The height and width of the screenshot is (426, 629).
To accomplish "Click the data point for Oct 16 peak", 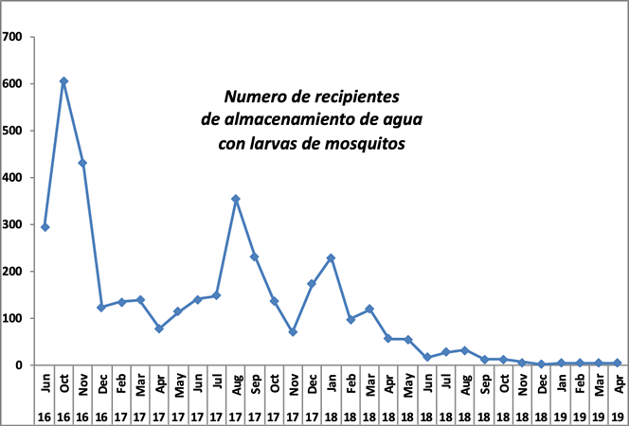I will (63, 81).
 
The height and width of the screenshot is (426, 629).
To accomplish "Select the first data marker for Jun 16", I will (45, 227).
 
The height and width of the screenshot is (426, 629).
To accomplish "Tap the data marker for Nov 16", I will (82, 163).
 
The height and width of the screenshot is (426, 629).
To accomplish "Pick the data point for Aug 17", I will (236, 199).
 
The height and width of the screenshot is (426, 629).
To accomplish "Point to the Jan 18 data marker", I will (332, 257).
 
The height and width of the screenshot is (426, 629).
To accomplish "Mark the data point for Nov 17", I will (293, 332).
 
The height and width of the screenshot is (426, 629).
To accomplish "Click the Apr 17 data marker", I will (159, 328).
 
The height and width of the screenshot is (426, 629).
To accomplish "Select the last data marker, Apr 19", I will (618, 363).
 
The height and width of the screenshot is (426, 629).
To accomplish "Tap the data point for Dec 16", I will (101, 308).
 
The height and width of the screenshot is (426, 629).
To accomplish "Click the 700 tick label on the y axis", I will (13, 37).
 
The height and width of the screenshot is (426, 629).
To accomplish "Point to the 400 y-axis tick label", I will (13, 177).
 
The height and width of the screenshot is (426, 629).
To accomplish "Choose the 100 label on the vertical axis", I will (13, 318).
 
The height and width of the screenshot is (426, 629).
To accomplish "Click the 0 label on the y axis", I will (19, 364).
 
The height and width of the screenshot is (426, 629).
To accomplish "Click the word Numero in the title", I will (251, 98).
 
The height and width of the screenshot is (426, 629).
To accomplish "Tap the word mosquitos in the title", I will (363, 144).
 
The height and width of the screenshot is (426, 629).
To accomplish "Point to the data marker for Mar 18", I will (369, 309).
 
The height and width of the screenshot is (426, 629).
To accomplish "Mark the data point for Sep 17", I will (255, 257).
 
